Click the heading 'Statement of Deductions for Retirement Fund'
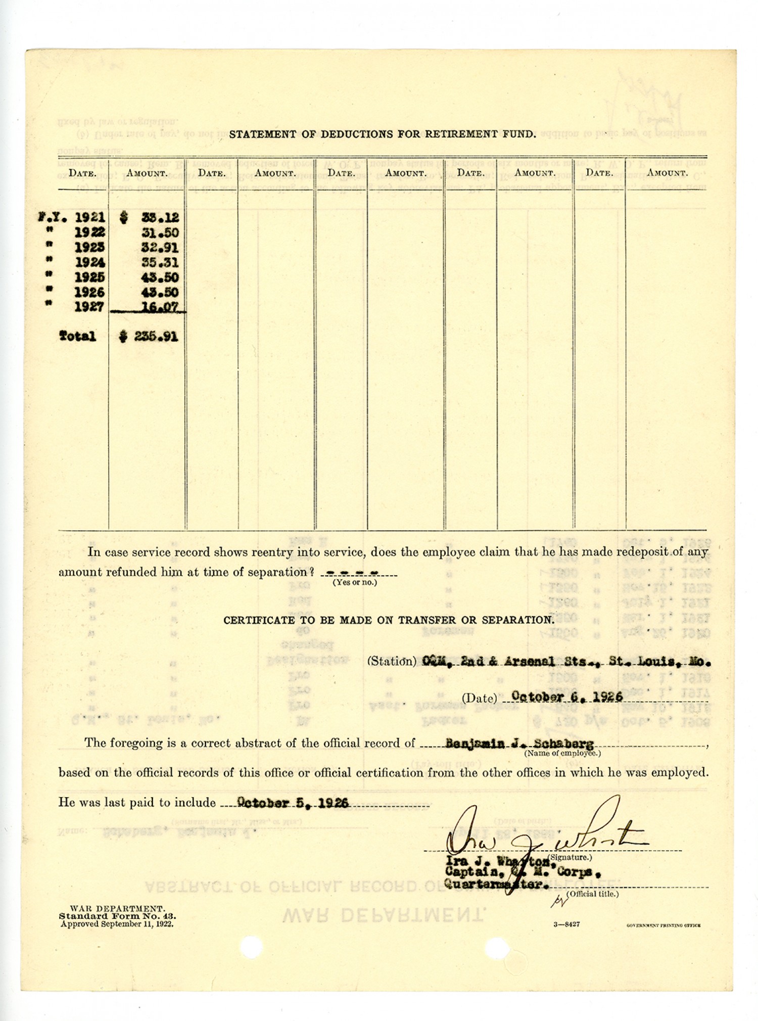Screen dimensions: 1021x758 click(382, 134)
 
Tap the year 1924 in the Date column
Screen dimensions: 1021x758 click(89, 263)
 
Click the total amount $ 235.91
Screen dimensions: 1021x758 click(149, 337)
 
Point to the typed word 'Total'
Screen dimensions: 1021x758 click(77, 337)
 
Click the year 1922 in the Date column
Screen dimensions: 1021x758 click(89, 233)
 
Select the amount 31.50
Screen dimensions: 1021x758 click(160, 233)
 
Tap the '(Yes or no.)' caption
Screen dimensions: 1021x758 click(354, 582)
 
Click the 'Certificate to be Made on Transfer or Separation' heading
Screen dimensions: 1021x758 click(389, 620)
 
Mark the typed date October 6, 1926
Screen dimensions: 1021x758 click(567, 697)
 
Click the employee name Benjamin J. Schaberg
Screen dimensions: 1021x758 click(519, 744)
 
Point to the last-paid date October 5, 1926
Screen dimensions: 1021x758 click(293, 803)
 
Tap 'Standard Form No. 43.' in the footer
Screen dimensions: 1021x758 click(117, 916)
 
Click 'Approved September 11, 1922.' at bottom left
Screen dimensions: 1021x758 click(117, 924)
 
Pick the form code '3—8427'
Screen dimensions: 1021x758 click(566, 924)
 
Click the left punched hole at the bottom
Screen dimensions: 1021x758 click(251, 946)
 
